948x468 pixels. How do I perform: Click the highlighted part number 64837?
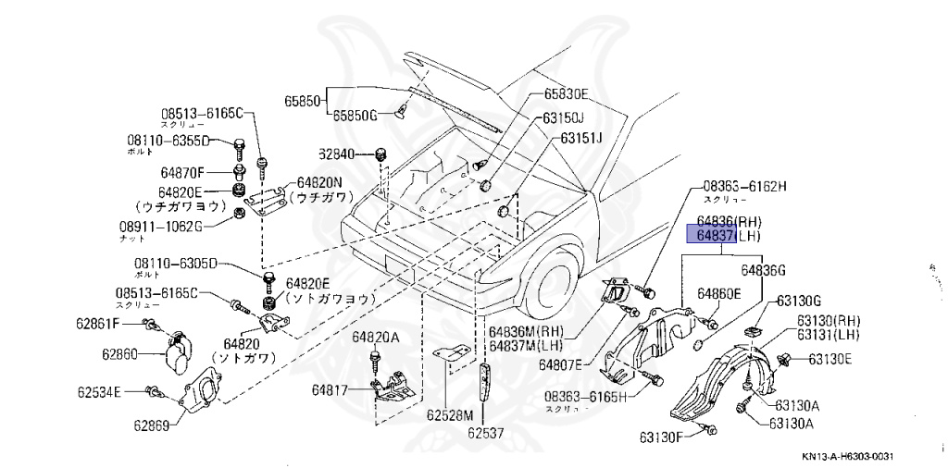click(709, 236)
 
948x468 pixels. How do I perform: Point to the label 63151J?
click(580, 139)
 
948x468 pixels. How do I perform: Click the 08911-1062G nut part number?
click(177, 225)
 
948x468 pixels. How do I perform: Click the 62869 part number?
click(150, 426)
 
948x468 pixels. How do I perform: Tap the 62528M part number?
click(449, 414)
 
